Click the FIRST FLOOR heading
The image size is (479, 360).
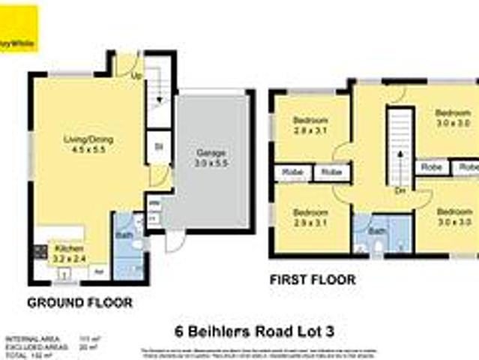pyautogui.click(x=312, y=280)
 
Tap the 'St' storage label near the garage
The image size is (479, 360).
pyautogui.click(x=159, y=147)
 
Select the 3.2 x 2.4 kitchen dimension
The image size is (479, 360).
pyautogui.click(x=66, y=256)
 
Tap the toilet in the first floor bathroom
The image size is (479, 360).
pyautogui.click(x=378, y=246)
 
